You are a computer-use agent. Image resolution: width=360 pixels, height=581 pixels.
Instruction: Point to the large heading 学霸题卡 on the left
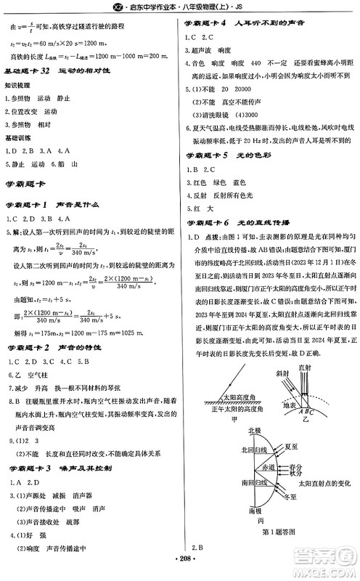(x=27, y=185)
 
